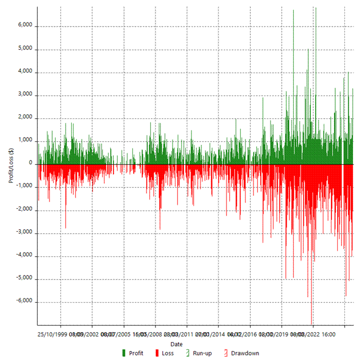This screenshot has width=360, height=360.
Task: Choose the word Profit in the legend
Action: (136, 353)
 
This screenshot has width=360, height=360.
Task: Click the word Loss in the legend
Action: (167, 353)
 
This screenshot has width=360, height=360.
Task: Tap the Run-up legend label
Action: (202, 353)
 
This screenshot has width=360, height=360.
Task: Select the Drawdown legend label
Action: (245, 353)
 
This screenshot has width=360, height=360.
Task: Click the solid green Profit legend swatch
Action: (124, 353)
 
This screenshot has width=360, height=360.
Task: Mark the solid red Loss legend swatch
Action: (157, 353)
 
